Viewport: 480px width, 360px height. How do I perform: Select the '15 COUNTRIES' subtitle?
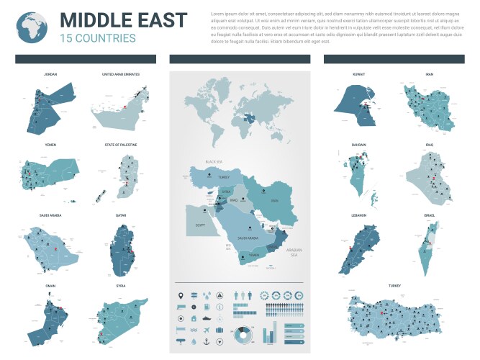(98, 38)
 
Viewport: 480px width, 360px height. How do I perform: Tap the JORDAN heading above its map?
(49, 74)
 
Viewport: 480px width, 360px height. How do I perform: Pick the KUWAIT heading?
(359, 74)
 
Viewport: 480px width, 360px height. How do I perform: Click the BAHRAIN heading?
(359, 145)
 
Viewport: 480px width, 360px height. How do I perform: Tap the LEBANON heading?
(359, 215)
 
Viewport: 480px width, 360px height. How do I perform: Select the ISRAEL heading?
(430, 215)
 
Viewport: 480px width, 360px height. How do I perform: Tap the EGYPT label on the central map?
(201, 225)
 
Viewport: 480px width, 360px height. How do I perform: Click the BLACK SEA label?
(214, 162)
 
